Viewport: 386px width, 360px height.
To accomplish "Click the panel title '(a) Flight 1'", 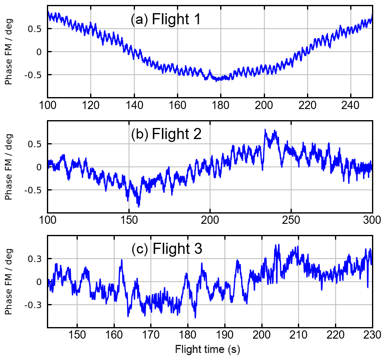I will tap(165, 19).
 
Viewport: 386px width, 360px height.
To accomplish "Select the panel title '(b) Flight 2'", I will tap(166, 134).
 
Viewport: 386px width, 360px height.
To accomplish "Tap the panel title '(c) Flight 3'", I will tap(167, 249).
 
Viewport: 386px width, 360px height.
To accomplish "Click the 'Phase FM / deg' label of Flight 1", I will tap(9, 51).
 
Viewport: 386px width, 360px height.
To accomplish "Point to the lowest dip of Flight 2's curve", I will tap(139, 206).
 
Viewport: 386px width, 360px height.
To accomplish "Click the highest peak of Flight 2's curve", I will tap(265, 129).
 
